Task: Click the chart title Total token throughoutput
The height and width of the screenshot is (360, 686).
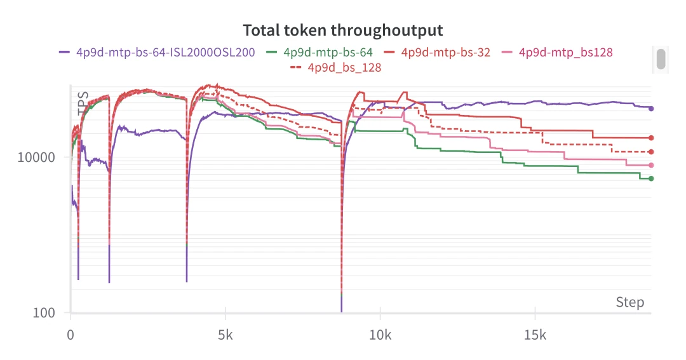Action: [343, 30]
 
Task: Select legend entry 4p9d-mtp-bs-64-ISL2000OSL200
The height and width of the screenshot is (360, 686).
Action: [165, 52]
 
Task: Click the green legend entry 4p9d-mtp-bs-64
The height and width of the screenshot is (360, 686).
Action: [328, 52]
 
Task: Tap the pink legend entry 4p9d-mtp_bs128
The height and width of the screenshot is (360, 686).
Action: [565, 52]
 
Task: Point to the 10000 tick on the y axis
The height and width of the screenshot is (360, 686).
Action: [36, 157]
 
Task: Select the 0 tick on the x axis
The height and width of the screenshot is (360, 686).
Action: [71, 335]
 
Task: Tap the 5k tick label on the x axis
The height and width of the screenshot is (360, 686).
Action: [225, 335]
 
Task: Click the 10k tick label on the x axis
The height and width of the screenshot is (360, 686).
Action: [380, 335]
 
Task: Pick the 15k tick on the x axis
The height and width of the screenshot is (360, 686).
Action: [535, 335]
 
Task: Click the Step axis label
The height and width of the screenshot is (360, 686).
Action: [629, 302]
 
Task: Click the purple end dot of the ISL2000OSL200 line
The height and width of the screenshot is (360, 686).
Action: [651, 109]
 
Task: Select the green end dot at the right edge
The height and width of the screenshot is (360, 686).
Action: [651, 178]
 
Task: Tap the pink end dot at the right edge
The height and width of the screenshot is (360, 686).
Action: [651, 165]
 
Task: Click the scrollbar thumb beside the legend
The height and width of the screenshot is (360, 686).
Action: [661, 58]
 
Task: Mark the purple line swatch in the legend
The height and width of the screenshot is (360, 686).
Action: [65, 52]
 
